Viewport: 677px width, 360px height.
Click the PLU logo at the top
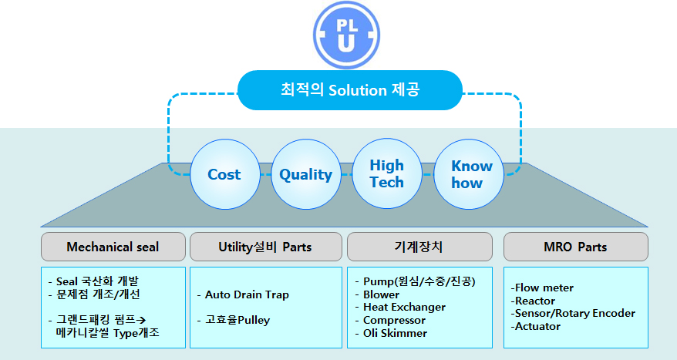[x=347, y=35]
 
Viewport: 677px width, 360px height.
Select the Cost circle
[x=224, y=174]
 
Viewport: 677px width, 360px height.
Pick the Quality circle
[x=305, y=174]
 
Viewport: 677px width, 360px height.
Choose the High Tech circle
[x=386, y=173]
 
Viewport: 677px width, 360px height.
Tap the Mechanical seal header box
[x=113, y=247]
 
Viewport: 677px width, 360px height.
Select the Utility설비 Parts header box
[x=264, y=247]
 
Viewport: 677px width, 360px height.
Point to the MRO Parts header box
[x=575, y=247]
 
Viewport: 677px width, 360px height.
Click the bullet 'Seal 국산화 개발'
[x=101, y=281]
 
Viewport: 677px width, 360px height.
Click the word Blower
[x=381, y=294]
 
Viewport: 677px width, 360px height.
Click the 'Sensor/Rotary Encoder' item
[x=574, y=313]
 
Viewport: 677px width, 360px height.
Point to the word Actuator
[x=537, y=326]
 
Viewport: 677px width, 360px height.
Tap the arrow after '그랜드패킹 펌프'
[x=142, y=319]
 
